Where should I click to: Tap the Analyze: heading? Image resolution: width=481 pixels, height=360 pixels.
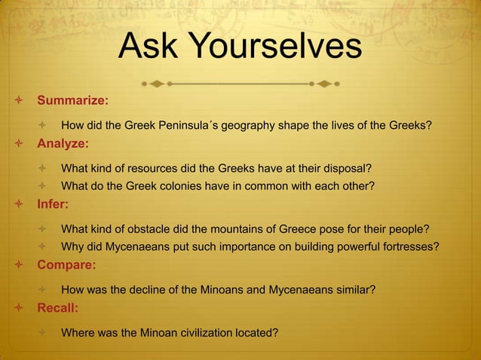coord(63,143)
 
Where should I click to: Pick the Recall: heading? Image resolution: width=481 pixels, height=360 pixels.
coord(58,308)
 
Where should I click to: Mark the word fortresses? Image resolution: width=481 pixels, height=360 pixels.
coord(409,247)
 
